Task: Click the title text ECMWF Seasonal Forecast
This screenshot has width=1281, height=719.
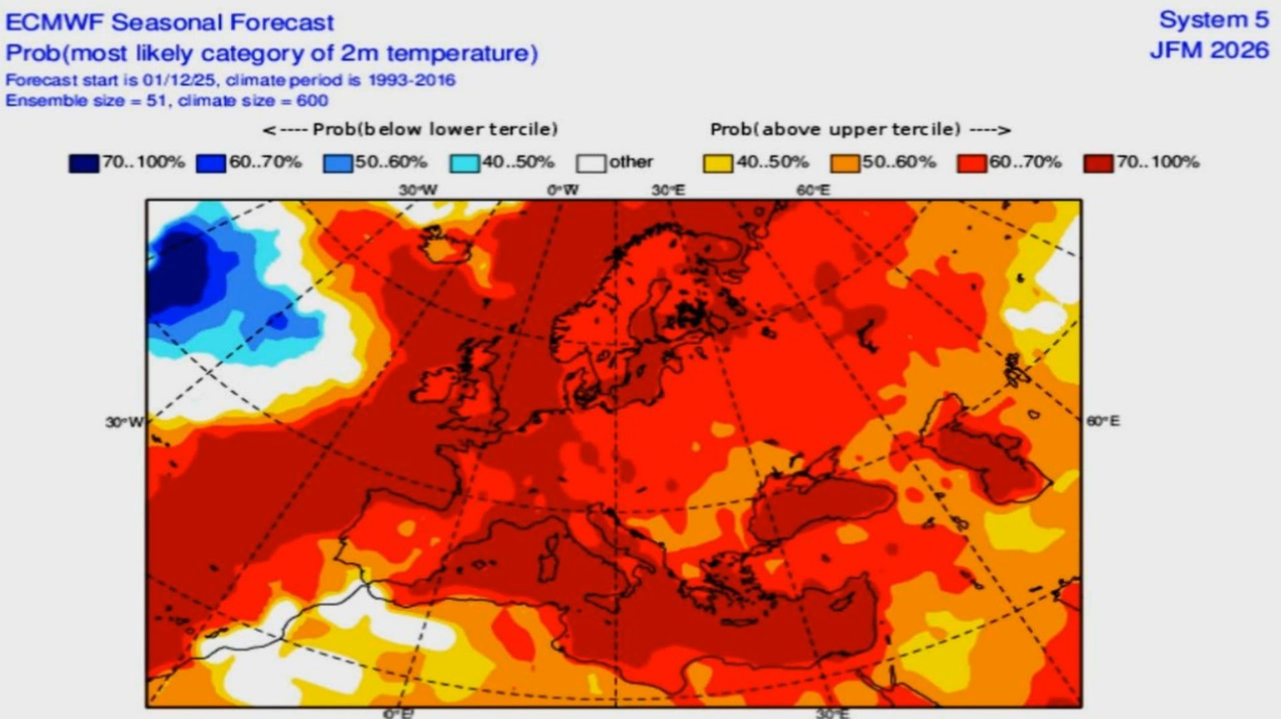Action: [x=169, y=23]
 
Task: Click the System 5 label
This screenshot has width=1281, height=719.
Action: [x=1214, y=20]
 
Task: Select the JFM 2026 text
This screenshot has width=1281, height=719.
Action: [x=1209, y=51]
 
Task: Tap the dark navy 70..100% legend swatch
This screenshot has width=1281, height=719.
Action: [x=83, y=163]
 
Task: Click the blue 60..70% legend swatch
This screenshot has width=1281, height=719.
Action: [x=211, y=163]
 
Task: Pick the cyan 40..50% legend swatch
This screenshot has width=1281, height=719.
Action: [x=464, y=163]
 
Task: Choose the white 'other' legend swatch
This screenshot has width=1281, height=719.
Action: [x=591, y=163]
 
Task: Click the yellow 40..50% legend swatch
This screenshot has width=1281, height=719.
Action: [x=718, y=163]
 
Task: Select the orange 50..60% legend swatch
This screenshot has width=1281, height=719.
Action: [x=845, y=163]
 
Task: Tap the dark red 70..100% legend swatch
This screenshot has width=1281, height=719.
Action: [x=1098, y=163]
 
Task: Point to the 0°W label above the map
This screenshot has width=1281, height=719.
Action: [x=562, y=190]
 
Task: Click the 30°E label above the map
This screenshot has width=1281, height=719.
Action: [x=669, y=190]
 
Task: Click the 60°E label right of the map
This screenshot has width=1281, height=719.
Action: [x=1103, y=421]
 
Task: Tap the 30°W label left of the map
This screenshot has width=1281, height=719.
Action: [x=124, y=422]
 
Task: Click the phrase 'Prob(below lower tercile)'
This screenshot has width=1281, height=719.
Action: [x=435, y=129]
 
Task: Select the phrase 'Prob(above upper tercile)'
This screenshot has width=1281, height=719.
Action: [x=835, y=129]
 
